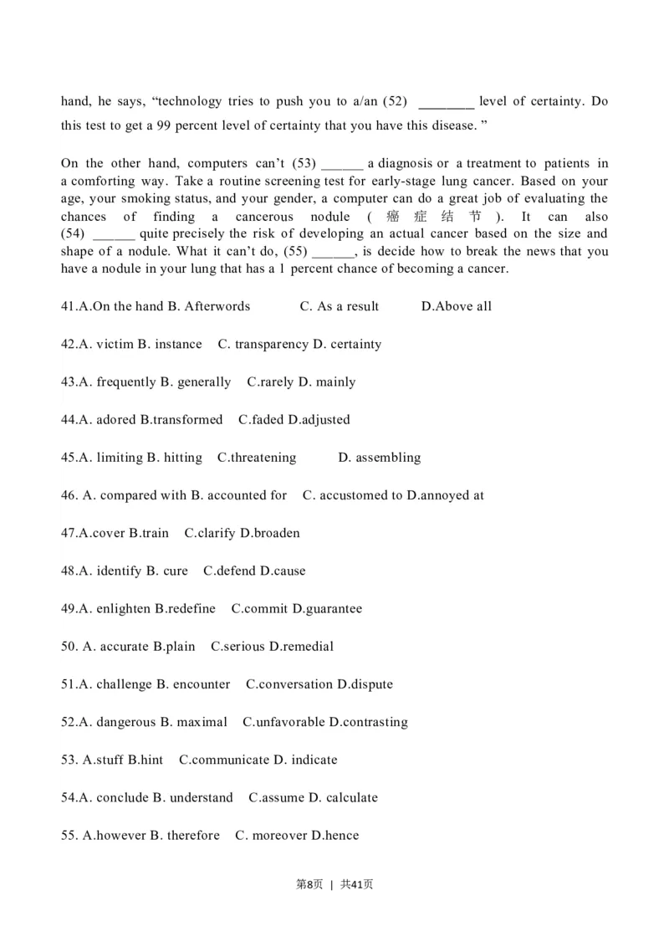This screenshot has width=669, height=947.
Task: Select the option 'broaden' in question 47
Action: (x=276, y=533)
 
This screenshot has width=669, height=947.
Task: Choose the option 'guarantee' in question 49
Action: (x=333, y=608)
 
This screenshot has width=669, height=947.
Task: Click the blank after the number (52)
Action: (x=446, y=102)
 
